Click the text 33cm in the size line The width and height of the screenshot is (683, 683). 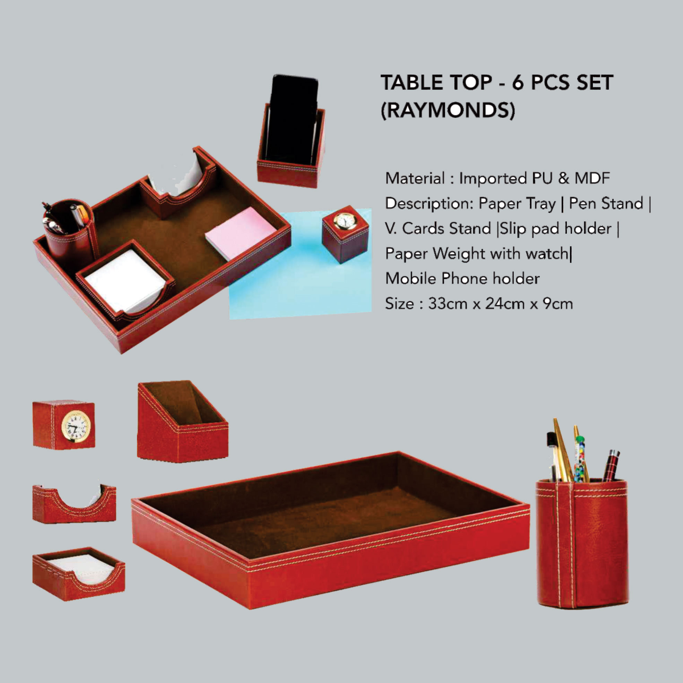click(448, 304)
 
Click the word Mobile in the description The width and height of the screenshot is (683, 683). click(411, 278)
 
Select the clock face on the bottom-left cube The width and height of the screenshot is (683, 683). click(76, 426)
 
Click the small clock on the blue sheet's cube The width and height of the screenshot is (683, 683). click(343, 221)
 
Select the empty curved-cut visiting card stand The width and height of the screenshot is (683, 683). click(74, 504)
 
